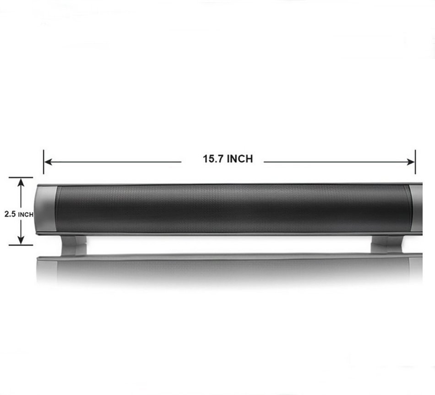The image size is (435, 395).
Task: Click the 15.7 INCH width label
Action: pyautogui.click(x=228, y=159)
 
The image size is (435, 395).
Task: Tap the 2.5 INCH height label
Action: pyautogui.click(x=19, y=214)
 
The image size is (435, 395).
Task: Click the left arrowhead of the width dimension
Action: pyautogui.click(x=48, y=162)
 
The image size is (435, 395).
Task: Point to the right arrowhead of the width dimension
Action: pyautogui.click(x=411, y=162)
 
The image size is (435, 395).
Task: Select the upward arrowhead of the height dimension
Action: pyautogui.click(x=21, y=182)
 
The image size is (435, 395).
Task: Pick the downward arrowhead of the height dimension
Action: pyautogui.click(x=21, y=240)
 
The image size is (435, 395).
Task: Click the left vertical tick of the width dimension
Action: pyautogui.click(x=43, y=162)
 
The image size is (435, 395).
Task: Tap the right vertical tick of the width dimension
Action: pyautogui.click(x=415, y=162)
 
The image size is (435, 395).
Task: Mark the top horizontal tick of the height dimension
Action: pyautogui.click(x=21, y=178)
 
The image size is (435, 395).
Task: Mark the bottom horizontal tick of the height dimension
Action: pyautogui.click(x=21, y=245)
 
